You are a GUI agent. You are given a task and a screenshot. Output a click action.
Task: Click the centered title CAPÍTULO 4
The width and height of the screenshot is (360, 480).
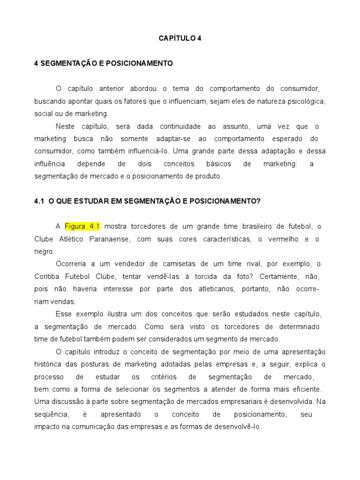click(x=180, y=38)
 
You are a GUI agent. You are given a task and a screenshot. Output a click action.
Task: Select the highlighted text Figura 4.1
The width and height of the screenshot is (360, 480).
click(x=82, y=226)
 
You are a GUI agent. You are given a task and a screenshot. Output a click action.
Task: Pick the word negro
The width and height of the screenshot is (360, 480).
click(x=44, y=252)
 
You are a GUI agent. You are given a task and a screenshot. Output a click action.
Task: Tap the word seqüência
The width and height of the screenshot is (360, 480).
click(x=52, y=414)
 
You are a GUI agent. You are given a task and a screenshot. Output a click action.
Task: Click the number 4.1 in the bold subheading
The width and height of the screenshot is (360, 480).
click(x=39, y=201)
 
